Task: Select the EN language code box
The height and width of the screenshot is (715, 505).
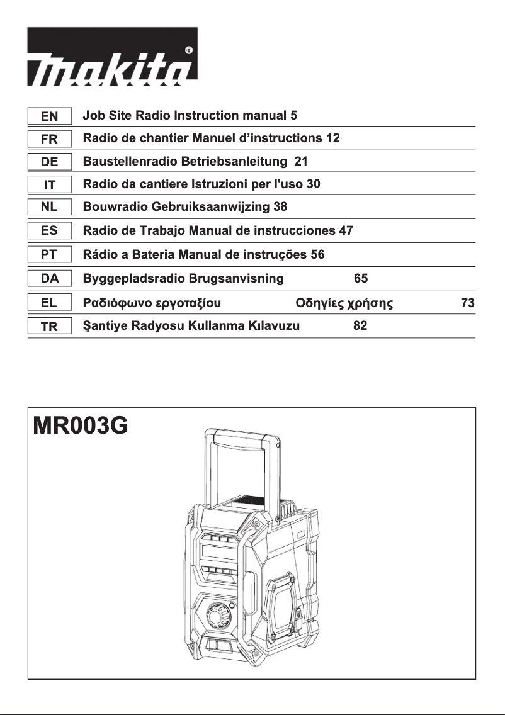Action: point(49,116)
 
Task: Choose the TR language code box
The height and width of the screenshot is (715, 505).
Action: point(49,327)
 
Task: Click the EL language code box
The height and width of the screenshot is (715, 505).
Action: point(49,303)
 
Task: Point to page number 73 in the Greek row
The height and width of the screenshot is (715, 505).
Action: point(467,303)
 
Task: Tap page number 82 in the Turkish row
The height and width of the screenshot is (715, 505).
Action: point(360,326)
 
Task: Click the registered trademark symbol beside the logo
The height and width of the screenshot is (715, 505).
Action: point(189,50)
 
